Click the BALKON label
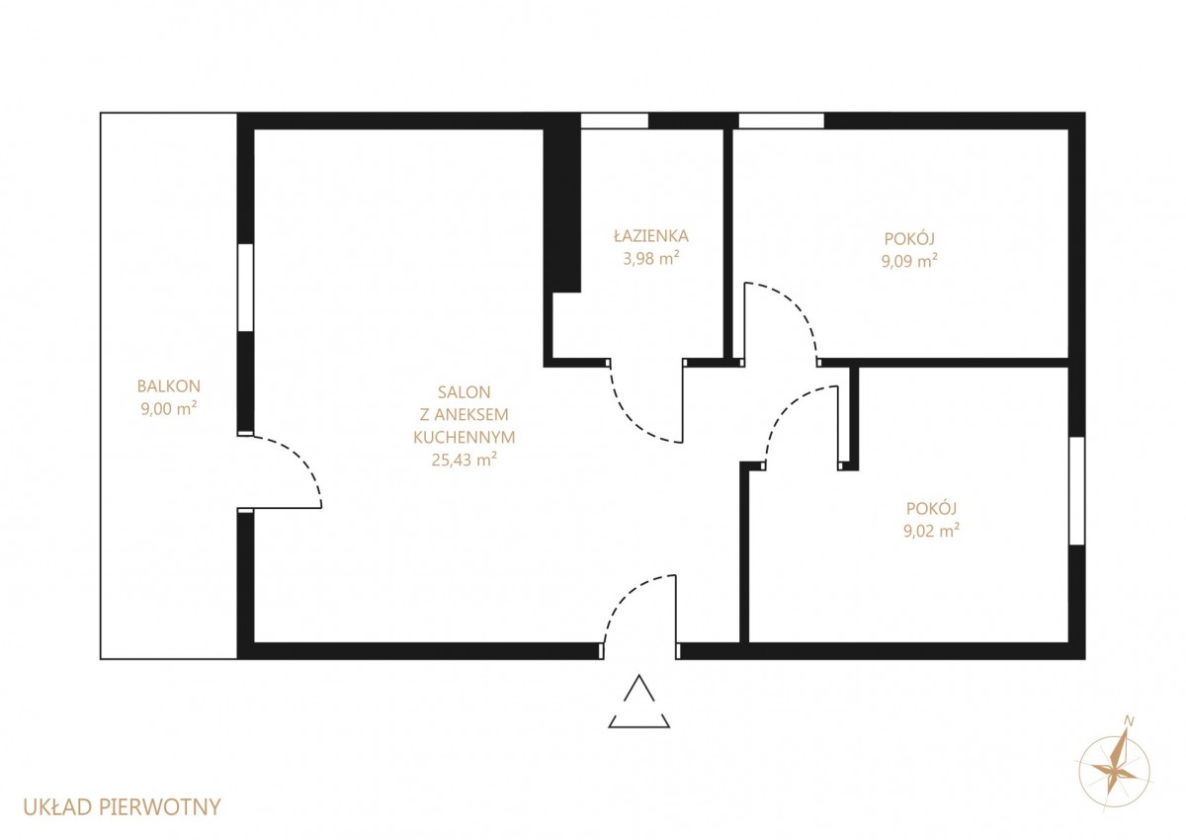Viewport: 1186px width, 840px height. [169, 386]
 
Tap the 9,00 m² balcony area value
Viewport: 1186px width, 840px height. [169, 408]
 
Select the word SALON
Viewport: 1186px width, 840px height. [464, 392]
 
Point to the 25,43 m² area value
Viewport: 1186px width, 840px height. [464, 459]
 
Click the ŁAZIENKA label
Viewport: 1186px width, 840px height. [651, 235]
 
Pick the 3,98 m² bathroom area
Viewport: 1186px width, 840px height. [651, 258]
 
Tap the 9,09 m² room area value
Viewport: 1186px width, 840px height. [909, 261]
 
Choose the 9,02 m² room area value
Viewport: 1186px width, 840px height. [932, 531]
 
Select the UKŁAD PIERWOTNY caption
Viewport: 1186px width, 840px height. [122, 807]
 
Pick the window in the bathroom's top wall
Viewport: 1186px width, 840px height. [614, 121]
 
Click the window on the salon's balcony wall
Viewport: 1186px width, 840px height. [246, 288]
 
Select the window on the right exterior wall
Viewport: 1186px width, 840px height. [1077, 491]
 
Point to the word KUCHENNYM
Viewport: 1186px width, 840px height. [464, 437]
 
